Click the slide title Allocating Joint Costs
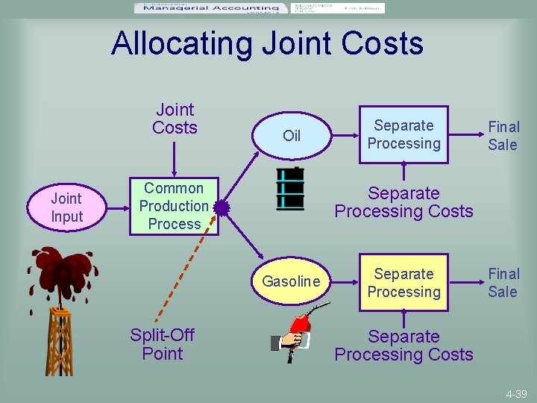tap(267, 43)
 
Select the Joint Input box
tap(66, 207)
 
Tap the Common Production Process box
tap(174, 206)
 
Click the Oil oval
tap(292, 135)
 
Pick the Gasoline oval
tap(292, 281)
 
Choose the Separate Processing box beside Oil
tap(403, 134)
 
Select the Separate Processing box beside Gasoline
tap(403, 283)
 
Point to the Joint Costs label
tap(175, 119)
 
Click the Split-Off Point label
tap(162, 344)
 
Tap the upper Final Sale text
tap(503, 136)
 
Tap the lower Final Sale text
tap(503, 283)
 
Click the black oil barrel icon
tap(290, 189)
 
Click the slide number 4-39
tap(514, 393)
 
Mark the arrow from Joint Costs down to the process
tap(175, 157)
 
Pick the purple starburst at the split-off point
tap(222, 207)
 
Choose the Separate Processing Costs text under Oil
tap(403, 202)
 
